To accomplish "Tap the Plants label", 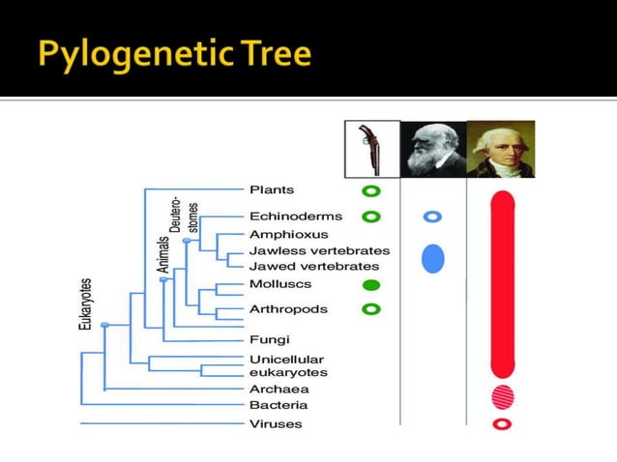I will (272, 190).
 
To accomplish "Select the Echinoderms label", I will (288, 217).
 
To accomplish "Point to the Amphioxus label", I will (288, 234).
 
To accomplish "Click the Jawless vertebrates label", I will (319, 250).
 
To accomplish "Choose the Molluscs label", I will (281, 285).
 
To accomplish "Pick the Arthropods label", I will (288, 309).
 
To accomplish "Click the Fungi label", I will (270, 339).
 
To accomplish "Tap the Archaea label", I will (279, 390).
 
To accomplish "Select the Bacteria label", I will (279, 405).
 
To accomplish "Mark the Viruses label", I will (276, 424).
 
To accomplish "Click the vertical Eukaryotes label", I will (86, 304).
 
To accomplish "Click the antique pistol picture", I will (372, 149).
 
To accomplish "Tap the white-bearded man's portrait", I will (433, 150).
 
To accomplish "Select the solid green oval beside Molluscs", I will (370, 285).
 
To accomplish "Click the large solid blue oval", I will (433, 259).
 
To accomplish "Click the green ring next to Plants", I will (370, 191).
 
